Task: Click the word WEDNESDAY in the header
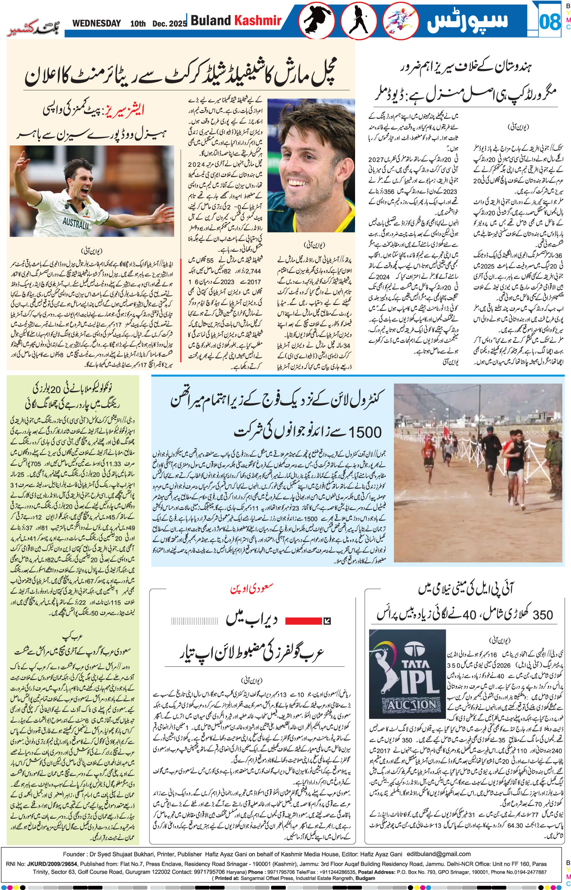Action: [96, 23]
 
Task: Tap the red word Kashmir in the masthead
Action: [257, 20]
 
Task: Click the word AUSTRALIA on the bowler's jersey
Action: [75, 223]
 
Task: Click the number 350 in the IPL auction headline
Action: [543, 615]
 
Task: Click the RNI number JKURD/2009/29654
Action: [51, 864]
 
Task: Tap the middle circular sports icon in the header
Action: [359, 21]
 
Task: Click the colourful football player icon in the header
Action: [400, 21]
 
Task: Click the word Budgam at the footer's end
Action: [365, 878]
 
